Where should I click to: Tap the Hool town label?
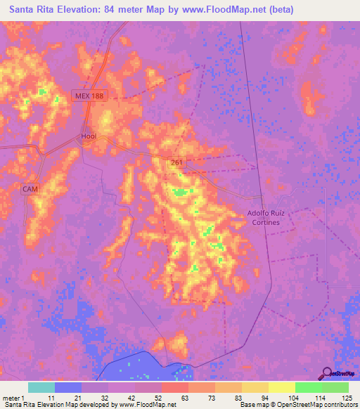pos(88,136)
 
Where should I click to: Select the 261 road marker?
pos(176,163)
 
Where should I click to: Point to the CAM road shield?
pos(30,189)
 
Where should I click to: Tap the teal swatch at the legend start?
pos(41,387)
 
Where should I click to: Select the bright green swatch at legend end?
pos(335,387)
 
